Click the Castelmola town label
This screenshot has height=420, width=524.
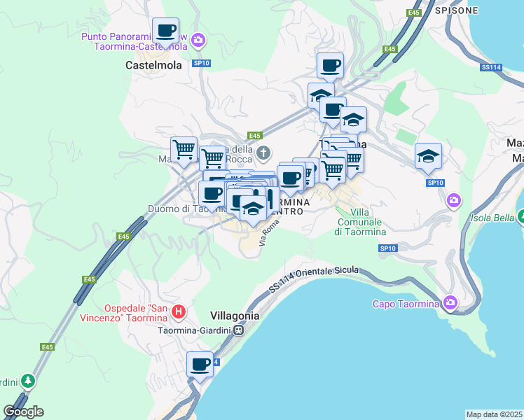153,65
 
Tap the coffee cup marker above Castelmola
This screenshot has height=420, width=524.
165,31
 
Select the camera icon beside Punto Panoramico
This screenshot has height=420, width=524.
198,40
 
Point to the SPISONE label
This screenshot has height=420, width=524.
456,10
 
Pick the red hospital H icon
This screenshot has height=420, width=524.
179,311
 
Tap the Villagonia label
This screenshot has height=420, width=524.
235,316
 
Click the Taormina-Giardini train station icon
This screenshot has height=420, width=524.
240,330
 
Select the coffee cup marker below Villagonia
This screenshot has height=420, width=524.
200,365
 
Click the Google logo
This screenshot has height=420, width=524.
23,412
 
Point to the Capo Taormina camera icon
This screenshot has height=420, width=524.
450,303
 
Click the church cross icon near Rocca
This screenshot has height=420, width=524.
263,153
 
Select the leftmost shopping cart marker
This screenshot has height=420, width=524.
184,149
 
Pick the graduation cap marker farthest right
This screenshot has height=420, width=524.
428,157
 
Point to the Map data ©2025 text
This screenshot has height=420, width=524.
494,414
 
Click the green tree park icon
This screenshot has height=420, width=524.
27,381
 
